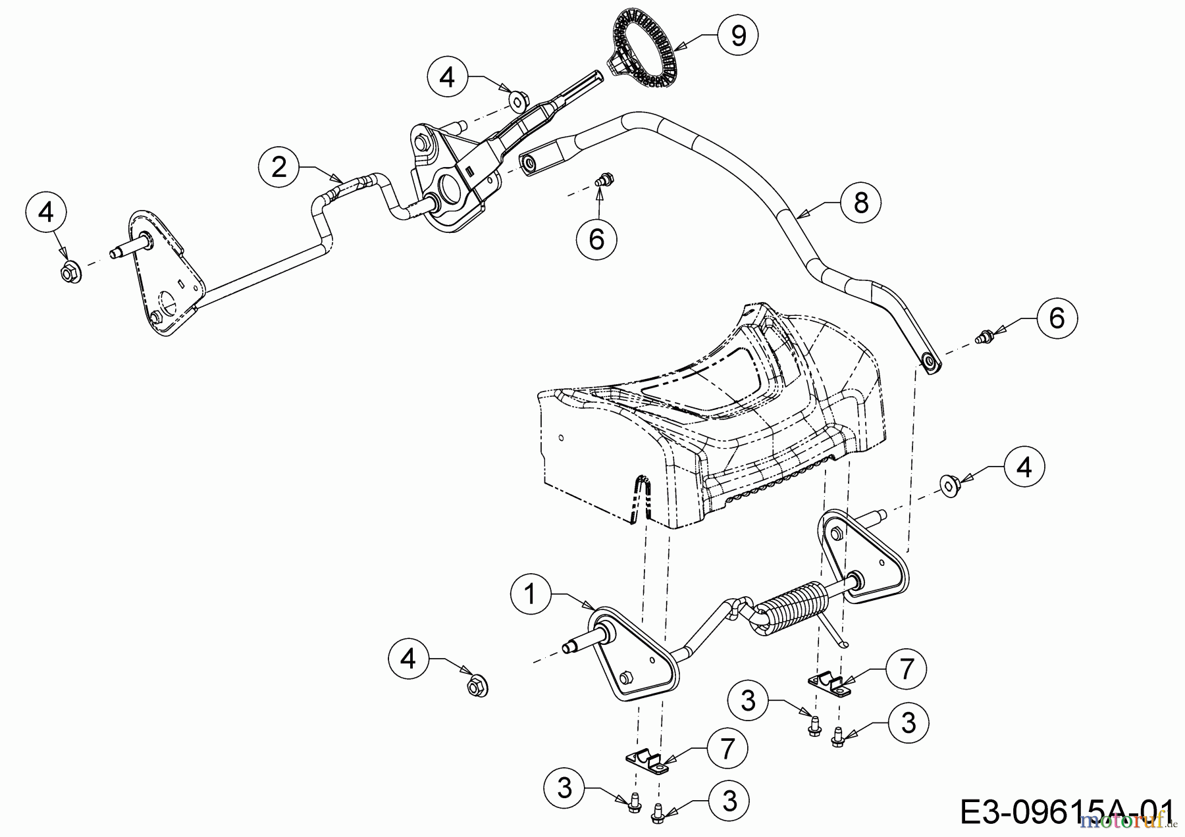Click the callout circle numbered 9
738,36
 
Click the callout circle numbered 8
861,203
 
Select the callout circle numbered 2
279,167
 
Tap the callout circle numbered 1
531,594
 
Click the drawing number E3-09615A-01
1066,812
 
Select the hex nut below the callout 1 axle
476,688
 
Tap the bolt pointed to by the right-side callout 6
986,337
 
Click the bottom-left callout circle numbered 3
565,788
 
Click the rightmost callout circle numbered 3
908,723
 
